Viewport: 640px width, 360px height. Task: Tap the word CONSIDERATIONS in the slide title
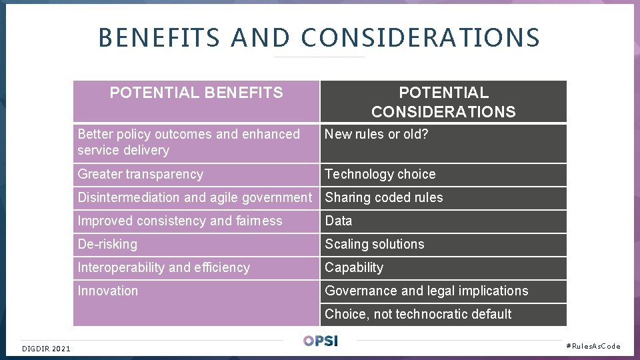420,37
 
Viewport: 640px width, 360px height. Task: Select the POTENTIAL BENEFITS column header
196,93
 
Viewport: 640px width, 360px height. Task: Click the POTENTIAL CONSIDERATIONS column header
443,102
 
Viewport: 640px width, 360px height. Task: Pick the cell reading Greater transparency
141,175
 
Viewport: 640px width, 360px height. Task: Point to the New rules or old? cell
377,135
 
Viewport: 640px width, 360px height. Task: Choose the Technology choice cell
380,175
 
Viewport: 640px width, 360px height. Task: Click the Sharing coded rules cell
384,198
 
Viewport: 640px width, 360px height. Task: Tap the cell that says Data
339,221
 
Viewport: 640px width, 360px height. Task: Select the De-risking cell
107,245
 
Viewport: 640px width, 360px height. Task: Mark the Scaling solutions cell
375,245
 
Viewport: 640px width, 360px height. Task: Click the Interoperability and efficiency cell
164,268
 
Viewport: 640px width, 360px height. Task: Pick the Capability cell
354,268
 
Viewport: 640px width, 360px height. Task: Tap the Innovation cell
108,291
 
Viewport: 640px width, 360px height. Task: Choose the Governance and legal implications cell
427,291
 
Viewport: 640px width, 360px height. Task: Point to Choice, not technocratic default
418,315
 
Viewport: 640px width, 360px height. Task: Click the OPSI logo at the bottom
321,341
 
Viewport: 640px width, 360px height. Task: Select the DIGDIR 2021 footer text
46,348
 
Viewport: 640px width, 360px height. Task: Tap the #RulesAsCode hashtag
593,346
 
